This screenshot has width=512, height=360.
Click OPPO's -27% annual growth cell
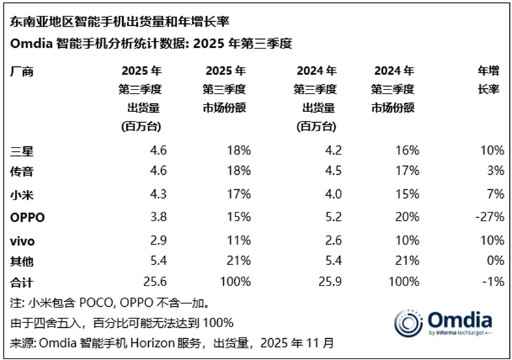point(492,217)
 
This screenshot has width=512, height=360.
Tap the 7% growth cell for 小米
point(496,195)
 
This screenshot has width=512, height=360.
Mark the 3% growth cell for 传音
point(496,172)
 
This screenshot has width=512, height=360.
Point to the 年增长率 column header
point(490,80)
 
